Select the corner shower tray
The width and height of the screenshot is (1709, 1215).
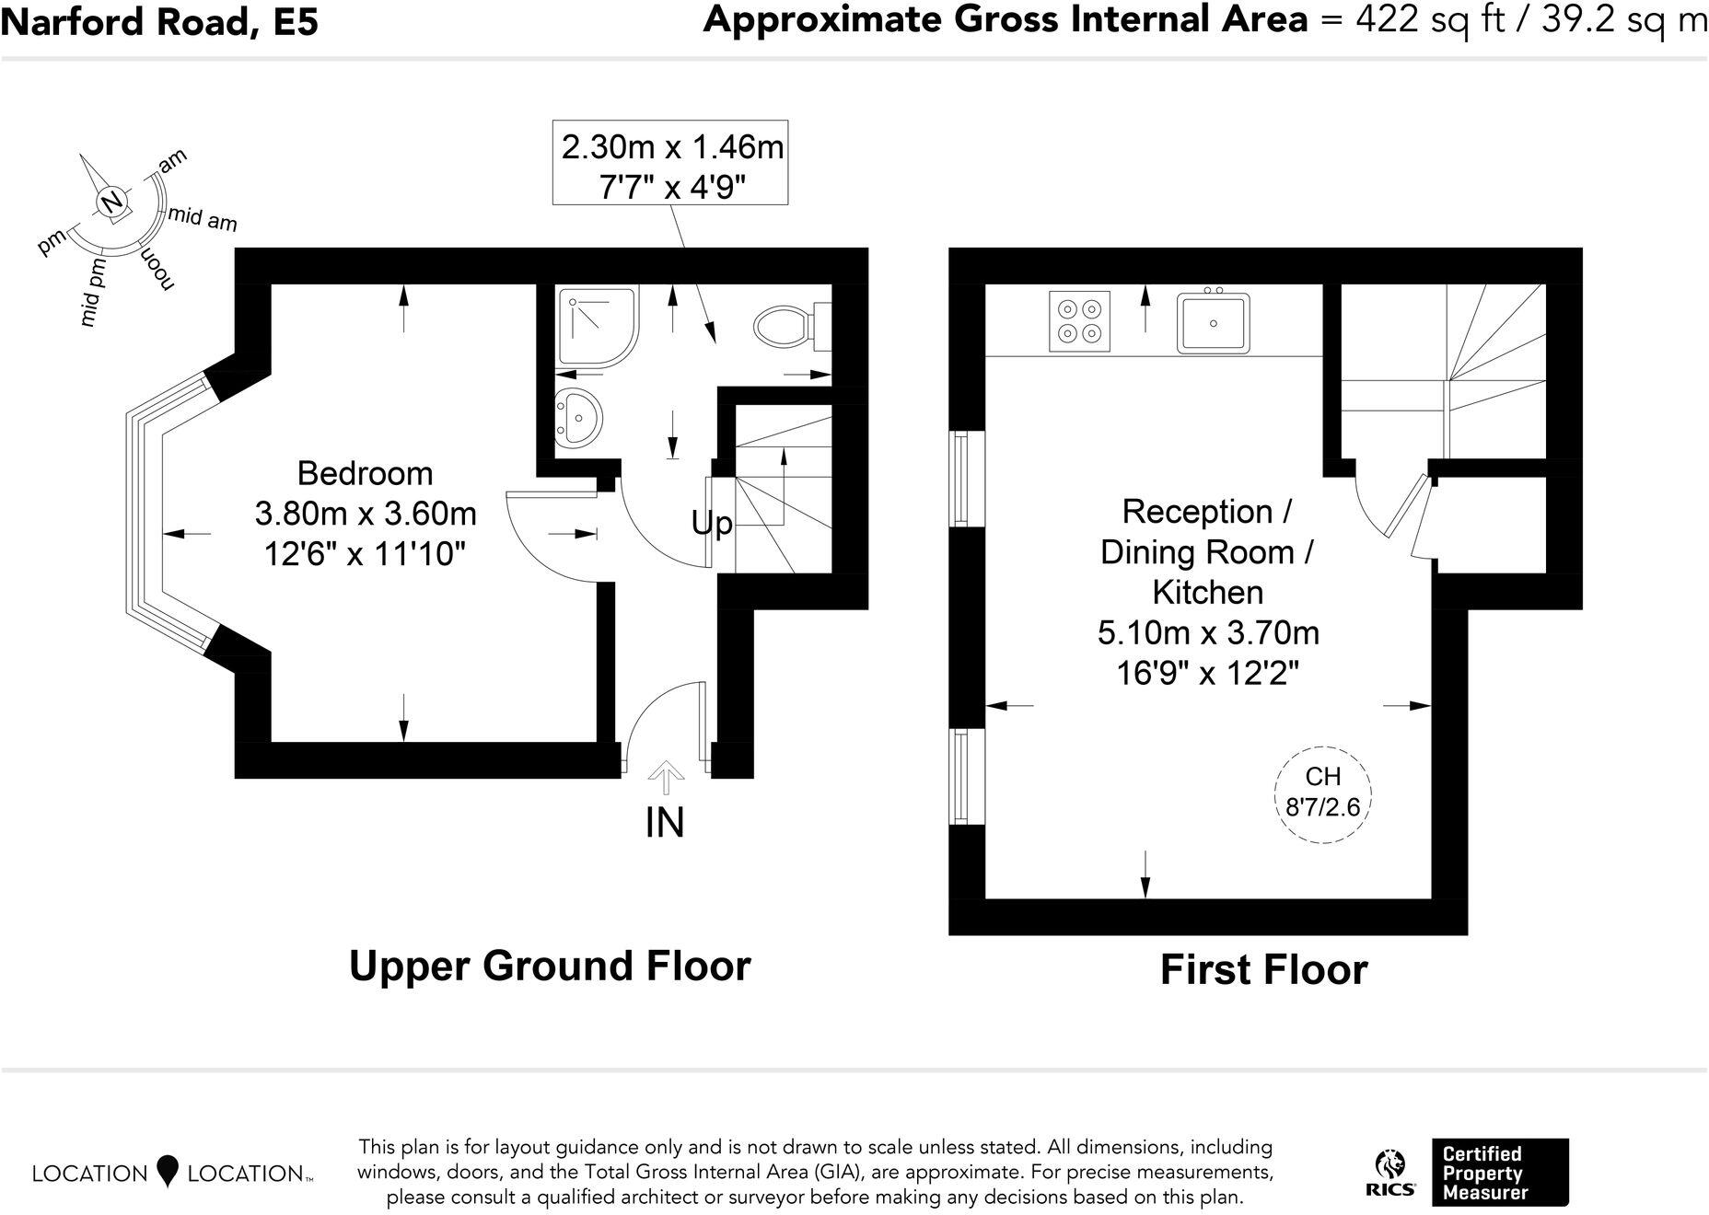click(x=598, y=327)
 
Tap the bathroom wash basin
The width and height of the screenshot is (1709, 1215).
click(x=577, y=418)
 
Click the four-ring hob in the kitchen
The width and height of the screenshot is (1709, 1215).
click(x=1080, y=321)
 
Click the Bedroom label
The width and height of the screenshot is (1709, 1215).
click(x=366, y=473)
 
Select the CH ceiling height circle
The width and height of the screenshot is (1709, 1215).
click(x=1323, y=793)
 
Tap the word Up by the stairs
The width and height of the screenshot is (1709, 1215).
click(x=712, y=523)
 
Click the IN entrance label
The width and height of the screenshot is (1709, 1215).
click(x=665, y=822)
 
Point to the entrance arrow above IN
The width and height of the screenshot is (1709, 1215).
click(x=665, y=778)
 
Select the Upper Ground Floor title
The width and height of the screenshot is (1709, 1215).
click(x=551, y=966)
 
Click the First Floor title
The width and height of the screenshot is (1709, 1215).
click(x=1264, y=969)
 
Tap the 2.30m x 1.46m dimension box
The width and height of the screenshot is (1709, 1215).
click(x=670, y=162)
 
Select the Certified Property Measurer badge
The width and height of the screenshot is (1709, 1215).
click(x=1500, y=1173)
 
